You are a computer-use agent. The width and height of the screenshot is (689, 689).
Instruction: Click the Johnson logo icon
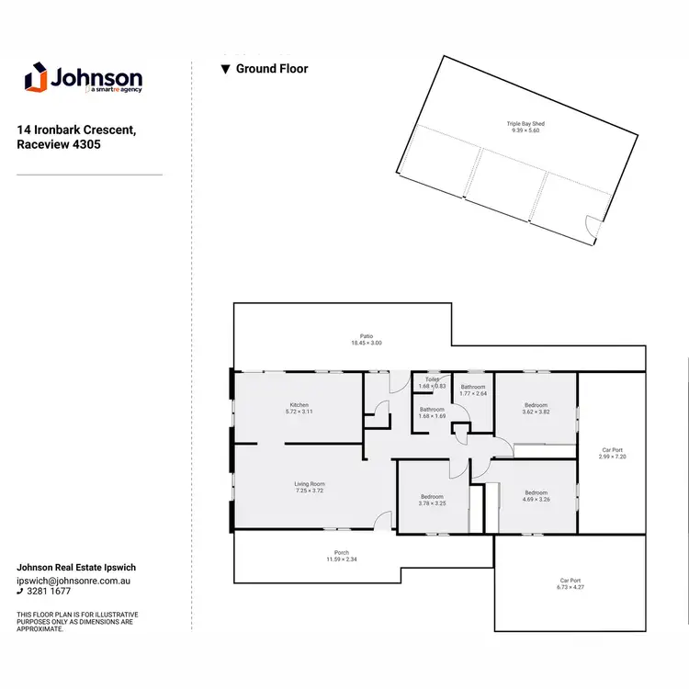[x=35, y=77]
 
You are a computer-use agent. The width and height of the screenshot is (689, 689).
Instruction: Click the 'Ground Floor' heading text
[x=272, y=69]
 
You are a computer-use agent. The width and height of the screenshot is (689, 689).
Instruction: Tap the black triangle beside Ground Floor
[x=224, y=69]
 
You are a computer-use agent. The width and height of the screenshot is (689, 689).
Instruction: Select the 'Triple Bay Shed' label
[x=525, y=123]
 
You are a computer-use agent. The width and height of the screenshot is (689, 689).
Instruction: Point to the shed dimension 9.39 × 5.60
[x=525, y=130]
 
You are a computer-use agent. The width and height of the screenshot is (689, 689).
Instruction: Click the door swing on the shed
[x=593, y=223]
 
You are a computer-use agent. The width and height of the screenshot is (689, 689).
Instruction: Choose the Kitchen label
[x=299, y=405]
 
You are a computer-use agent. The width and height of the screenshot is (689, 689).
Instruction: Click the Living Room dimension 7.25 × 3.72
[x=310, y=491]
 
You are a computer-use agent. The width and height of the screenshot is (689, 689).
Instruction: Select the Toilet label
[x=431, y=378]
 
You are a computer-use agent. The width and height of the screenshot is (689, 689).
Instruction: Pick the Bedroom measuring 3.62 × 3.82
[x=536, y=409]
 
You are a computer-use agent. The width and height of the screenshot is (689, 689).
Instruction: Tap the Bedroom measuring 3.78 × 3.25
[x=433, y=500]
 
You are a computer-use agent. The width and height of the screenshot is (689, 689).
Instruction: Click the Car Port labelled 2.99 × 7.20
[x=612, y=452]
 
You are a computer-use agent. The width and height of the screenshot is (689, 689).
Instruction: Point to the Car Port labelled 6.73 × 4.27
[x=570, y=583]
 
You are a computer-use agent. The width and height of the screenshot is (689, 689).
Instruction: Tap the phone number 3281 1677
[x=51, y=592]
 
